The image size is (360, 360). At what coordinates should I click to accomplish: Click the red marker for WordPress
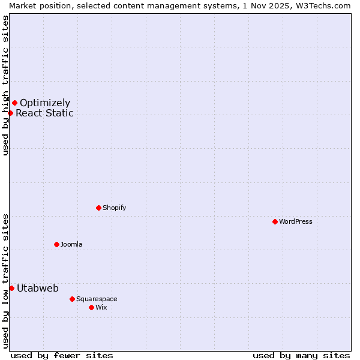(275, 221)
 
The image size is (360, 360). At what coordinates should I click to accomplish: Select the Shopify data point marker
(98, 208)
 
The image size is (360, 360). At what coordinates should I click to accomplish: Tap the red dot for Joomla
(56, 244)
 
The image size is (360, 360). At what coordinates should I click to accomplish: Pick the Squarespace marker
(72, 299)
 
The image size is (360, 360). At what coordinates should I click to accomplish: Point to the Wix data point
(91, 307)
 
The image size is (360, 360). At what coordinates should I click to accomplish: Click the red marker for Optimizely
(14, 103)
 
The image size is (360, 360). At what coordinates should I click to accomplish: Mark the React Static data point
(10, 113)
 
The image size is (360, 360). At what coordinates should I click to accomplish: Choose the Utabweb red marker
(11, 288)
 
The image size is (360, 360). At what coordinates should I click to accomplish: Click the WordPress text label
(296, 221)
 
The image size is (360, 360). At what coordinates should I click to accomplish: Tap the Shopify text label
(115, 208)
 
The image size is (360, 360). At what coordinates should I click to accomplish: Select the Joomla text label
(71, 244)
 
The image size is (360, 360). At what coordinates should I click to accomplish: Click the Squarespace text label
(97, 299)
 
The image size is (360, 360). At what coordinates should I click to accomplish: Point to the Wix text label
(101, 307)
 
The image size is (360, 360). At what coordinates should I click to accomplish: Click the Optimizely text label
(45, 103)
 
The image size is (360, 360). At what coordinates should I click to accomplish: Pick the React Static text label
(44, 113)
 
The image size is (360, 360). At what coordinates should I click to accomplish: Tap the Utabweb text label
(38, 288)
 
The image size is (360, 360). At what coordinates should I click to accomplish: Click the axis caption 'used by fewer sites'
(62, 355)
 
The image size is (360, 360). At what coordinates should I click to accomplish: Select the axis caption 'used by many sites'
(301, 355)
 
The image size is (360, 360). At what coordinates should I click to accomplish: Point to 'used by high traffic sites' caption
(5, 85)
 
